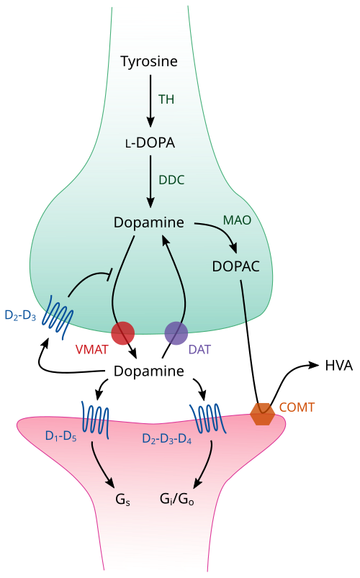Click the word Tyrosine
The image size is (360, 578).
pyautogui.click(x=149, y=62)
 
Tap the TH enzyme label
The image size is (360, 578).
pyautogui.click(x=166, y=99)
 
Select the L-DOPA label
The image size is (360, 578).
pyautogui.click(x=150, y=143)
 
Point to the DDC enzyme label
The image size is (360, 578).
pyautogui.click(x=171, y=180)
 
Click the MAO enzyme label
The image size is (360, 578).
pyautogui.click(x=237, y=220)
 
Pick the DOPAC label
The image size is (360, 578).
pyautogui.click(x=235, y=266)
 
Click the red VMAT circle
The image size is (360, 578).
pyautogui.click(x=123, y=333)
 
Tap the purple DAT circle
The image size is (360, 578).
pyautogui.click(x=176, y=333)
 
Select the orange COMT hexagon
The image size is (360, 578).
pyautogui.click(x=262, y=414)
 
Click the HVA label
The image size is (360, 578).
pyautogui.click(x=338, y=366)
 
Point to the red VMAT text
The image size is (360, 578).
pyautogui.click(x=92, y=349)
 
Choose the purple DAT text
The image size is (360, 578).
pyautogui.click(x=199, y=349)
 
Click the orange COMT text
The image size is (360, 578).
pyautogui.click(x=297, y=407)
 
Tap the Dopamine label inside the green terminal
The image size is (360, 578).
pyautogui.click(x=148, y=222)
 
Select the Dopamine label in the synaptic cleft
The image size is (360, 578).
pyautogui.click(x=148, y=371)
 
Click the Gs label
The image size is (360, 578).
pyautogui.click(x=123, y=500)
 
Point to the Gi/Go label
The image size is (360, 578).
pyautogui.click(x=177, y=499)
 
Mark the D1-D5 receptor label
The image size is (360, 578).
pyautogui.click(x=61, y=436)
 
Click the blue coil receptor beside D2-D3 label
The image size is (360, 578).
pyautogui.click(x=58, y=317)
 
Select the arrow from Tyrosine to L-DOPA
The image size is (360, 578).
pyautogui.click(x=150, y=101)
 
